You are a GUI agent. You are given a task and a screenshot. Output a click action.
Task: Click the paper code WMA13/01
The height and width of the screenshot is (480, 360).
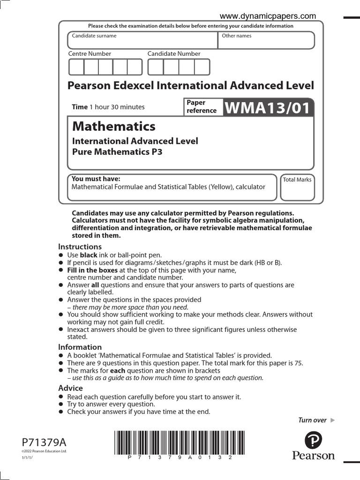click(x=268, y=108)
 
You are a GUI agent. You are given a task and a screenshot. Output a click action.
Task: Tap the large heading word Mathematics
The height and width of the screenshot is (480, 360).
click(x=114, y=127)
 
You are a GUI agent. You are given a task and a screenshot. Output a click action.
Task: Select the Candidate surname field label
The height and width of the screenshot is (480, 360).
click(x=94, y=36)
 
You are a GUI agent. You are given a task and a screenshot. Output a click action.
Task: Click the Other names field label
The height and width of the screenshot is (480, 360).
click(x=237, y=36)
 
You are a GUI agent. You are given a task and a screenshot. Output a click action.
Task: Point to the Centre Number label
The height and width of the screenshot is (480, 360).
click(x=90, y=54)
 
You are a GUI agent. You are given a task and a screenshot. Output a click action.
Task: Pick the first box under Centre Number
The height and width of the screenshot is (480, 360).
click(x=76, y=67)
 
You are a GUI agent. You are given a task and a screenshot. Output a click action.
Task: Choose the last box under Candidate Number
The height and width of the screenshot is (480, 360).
click(x=202, y=67)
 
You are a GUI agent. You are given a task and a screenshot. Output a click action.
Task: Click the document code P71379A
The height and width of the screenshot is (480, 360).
click(x=44, y=442)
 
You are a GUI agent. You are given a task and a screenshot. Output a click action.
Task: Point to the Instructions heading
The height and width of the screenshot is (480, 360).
click(x=80, y=247)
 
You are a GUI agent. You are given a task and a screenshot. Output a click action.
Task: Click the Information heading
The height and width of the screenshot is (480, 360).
click(x=80, y=347)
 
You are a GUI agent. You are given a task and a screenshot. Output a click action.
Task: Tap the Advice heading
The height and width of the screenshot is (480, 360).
click(x=70, y=388)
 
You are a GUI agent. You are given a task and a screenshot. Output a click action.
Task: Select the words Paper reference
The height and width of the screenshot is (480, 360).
click(x=202, y=106)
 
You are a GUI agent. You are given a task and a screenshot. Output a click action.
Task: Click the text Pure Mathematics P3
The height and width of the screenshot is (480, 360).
click(x=117, y=152)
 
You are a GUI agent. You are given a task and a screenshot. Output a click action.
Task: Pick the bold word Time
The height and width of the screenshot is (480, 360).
click(x=80, y=107)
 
